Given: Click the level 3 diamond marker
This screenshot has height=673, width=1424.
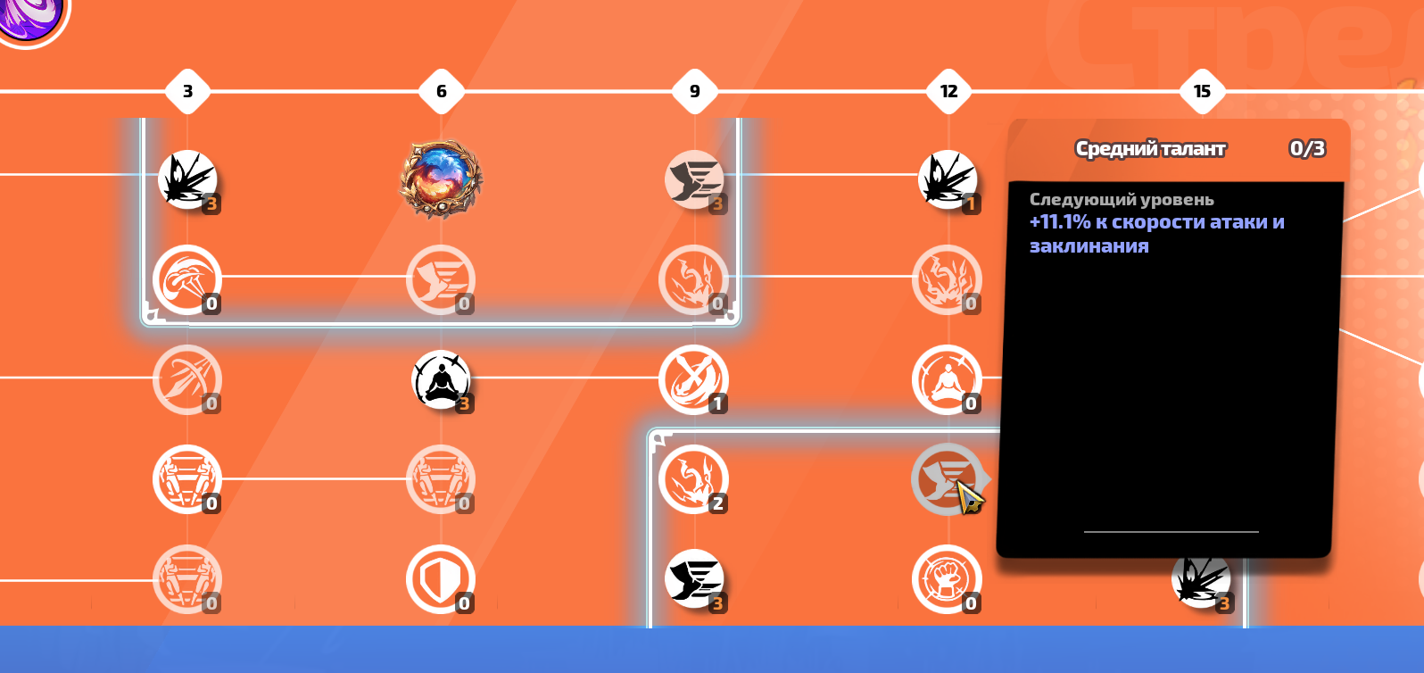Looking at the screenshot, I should (187, 91).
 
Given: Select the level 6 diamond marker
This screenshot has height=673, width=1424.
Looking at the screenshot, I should (441, 91).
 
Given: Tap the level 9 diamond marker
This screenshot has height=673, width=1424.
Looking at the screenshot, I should (695, 91).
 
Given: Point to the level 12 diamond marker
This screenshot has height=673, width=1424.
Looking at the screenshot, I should (948, 91).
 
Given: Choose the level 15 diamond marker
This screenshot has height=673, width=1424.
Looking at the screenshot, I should (1202, 91).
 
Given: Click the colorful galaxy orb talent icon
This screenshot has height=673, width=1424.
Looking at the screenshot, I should (441, 179).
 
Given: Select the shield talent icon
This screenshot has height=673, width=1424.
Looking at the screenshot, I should (441, 579).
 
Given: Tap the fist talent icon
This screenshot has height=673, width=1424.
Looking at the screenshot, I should (947, 579).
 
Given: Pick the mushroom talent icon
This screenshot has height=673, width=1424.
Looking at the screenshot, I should (187, 279).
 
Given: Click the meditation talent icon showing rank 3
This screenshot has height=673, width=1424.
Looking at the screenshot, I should (441, 379).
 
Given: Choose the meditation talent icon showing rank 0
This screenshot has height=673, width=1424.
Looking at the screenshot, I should (947, 379).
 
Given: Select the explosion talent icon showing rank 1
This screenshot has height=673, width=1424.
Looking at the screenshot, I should (948, 179).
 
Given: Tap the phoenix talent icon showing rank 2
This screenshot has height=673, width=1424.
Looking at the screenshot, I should (693, 479).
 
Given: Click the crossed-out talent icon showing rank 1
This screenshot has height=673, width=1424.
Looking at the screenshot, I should (693, 379).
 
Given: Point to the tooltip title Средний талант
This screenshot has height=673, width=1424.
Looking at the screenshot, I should (1150, 148).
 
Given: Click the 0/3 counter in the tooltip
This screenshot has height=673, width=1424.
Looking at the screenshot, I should (1307, 148).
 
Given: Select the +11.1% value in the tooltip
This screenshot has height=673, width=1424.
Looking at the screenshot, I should (1060, 221).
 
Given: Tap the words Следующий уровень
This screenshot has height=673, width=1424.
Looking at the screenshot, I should (1122, 199).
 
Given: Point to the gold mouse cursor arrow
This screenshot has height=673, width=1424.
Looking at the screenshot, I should (969, 495).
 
